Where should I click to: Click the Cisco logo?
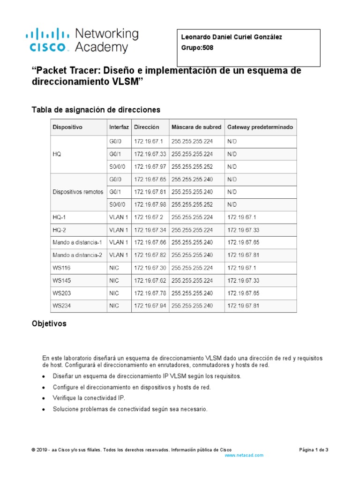[x=47, y=40]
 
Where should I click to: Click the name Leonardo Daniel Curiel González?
[x=232, y=37]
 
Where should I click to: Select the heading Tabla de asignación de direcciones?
[x=96, y=110]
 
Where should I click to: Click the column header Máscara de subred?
[x=196, y=127]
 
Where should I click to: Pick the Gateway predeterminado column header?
[x=260, y=127]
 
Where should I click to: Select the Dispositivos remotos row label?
[x=78, y=192]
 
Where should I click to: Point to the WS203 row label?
[x=62, y=293]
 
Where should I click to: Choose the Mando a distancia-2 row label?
[x=77, y=255]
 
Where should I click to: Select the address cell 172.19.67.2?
[x=149, y=217]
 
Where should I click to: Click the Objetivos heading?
[x=49, y=324]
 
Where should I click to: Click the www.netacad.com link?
[x=244, y=455]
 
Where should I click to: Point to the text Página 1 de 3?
[x=314, y=450]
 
